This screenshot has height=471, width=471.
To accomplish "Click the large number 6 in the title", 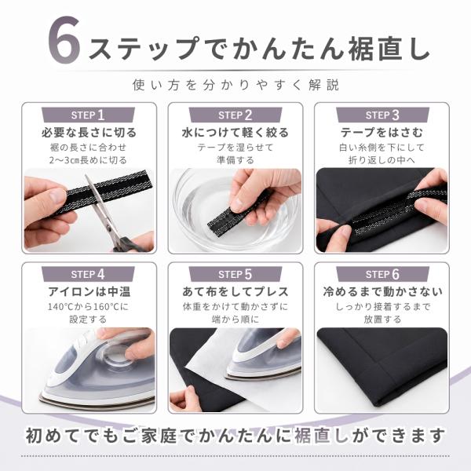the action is pos(64,40).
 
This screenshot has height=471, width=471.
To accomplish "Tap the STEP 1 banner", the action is pos(88,115).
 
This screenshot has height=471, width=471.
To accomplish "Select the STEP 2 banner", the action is pos(235,115).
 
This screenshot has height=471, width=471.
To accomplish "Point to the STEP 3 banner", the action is pos(382,115).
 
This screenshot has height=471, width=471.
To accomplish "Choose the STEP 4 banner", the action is pos(88,274).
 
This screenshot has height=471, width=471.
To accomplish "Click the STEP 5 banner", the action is pos(235,274).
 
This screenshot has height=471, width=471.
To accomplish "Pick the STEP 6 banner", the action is pos(382,274).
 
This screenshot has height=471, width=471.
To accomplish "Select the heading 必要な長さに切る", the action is pos(89,133).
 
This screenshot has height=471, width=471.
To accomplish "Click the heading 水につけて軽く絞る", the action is pos(235,133).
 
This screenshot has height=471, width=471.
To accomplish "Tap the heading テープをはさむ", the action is pos(382,133).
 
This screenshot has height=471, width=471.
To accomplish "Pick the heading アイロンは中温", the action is pos(89,292).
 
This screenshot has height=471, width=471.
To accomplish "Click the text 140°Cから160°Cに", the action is pos(88,307).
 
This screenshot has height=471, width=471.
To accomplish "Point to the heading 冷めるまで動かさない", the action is pos(383,292).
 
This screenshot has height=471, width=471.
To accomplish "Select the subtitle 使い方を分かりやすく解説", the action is pos(235,85).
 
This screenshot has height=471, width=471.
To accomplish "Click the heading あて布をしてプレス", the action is pos(235,292).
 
